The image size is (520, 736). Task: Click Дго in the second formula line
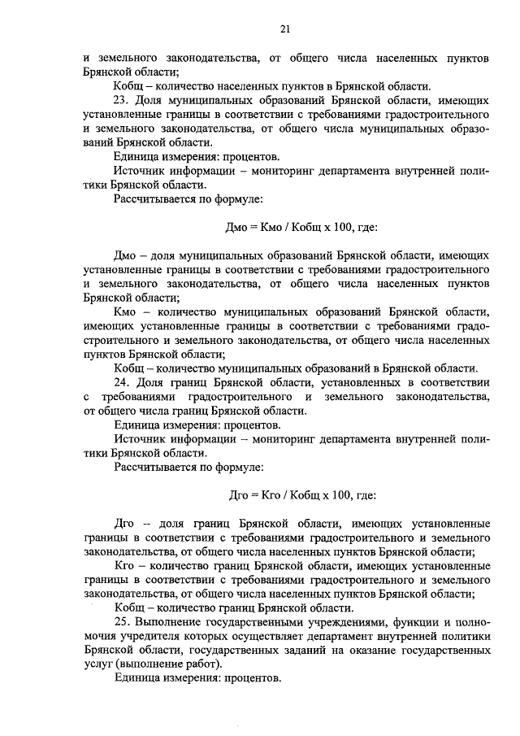(x=240, y=494)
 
